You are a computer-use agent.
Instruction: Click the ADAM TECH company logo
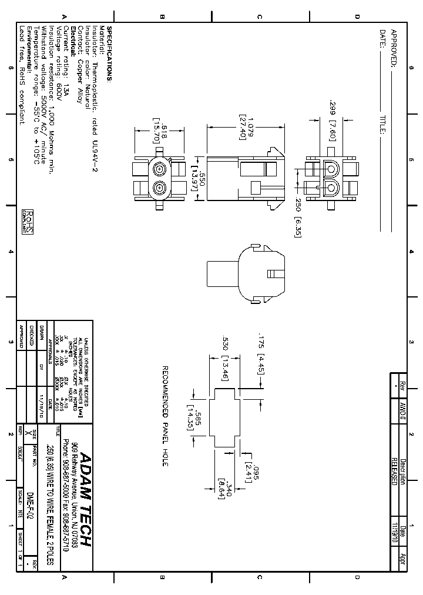86,499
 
